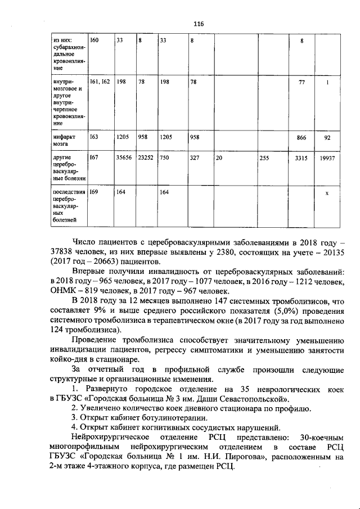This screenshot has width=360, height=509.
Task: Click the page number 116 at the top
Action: click(x=197, y=24)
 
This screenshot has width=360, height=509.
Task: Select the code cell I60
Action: click(x=94, y=40)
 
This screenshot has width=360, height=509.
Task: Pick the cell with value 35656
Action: click(x=124, y=159)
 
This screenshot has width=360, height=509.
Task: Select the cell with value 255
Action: click(x=264, y=159)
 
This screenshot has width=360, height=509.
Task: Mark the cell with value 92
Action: click(x=327, y=137)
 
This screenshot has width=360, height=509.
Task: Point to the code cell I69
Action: click(x=94, y=192)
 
